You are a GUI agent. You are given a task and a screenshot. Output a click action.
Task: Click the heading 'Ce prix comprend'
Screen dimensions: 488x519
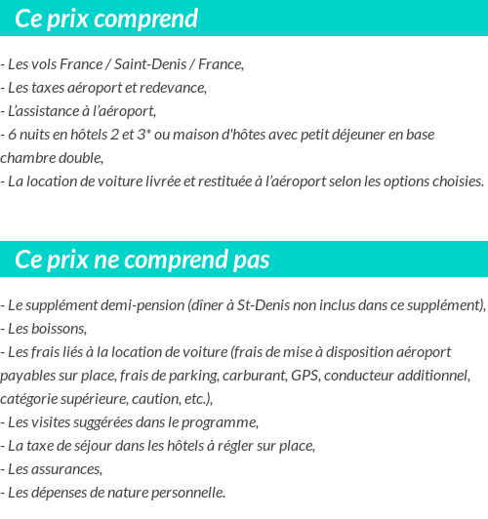106,19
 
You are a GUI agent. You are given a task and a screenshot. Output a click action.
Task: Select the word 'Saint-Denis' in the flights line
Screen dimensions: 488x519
151,64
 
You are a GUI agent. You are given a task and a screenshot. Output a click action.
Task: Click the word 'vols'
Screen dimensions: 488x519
42,64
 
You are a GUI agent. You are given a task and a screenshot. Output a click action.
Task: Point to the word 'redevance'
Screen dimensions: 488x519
176,88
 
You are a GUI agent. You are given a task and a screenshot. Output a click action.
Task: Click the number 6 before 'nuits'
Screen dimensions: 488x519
11,134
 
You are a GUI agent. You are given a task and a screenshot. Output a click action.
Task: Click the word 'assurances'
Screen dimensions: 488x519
65,468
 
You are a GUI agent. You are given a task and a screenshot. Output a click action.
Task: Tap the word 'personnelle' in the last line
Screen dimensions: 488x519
183,492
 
